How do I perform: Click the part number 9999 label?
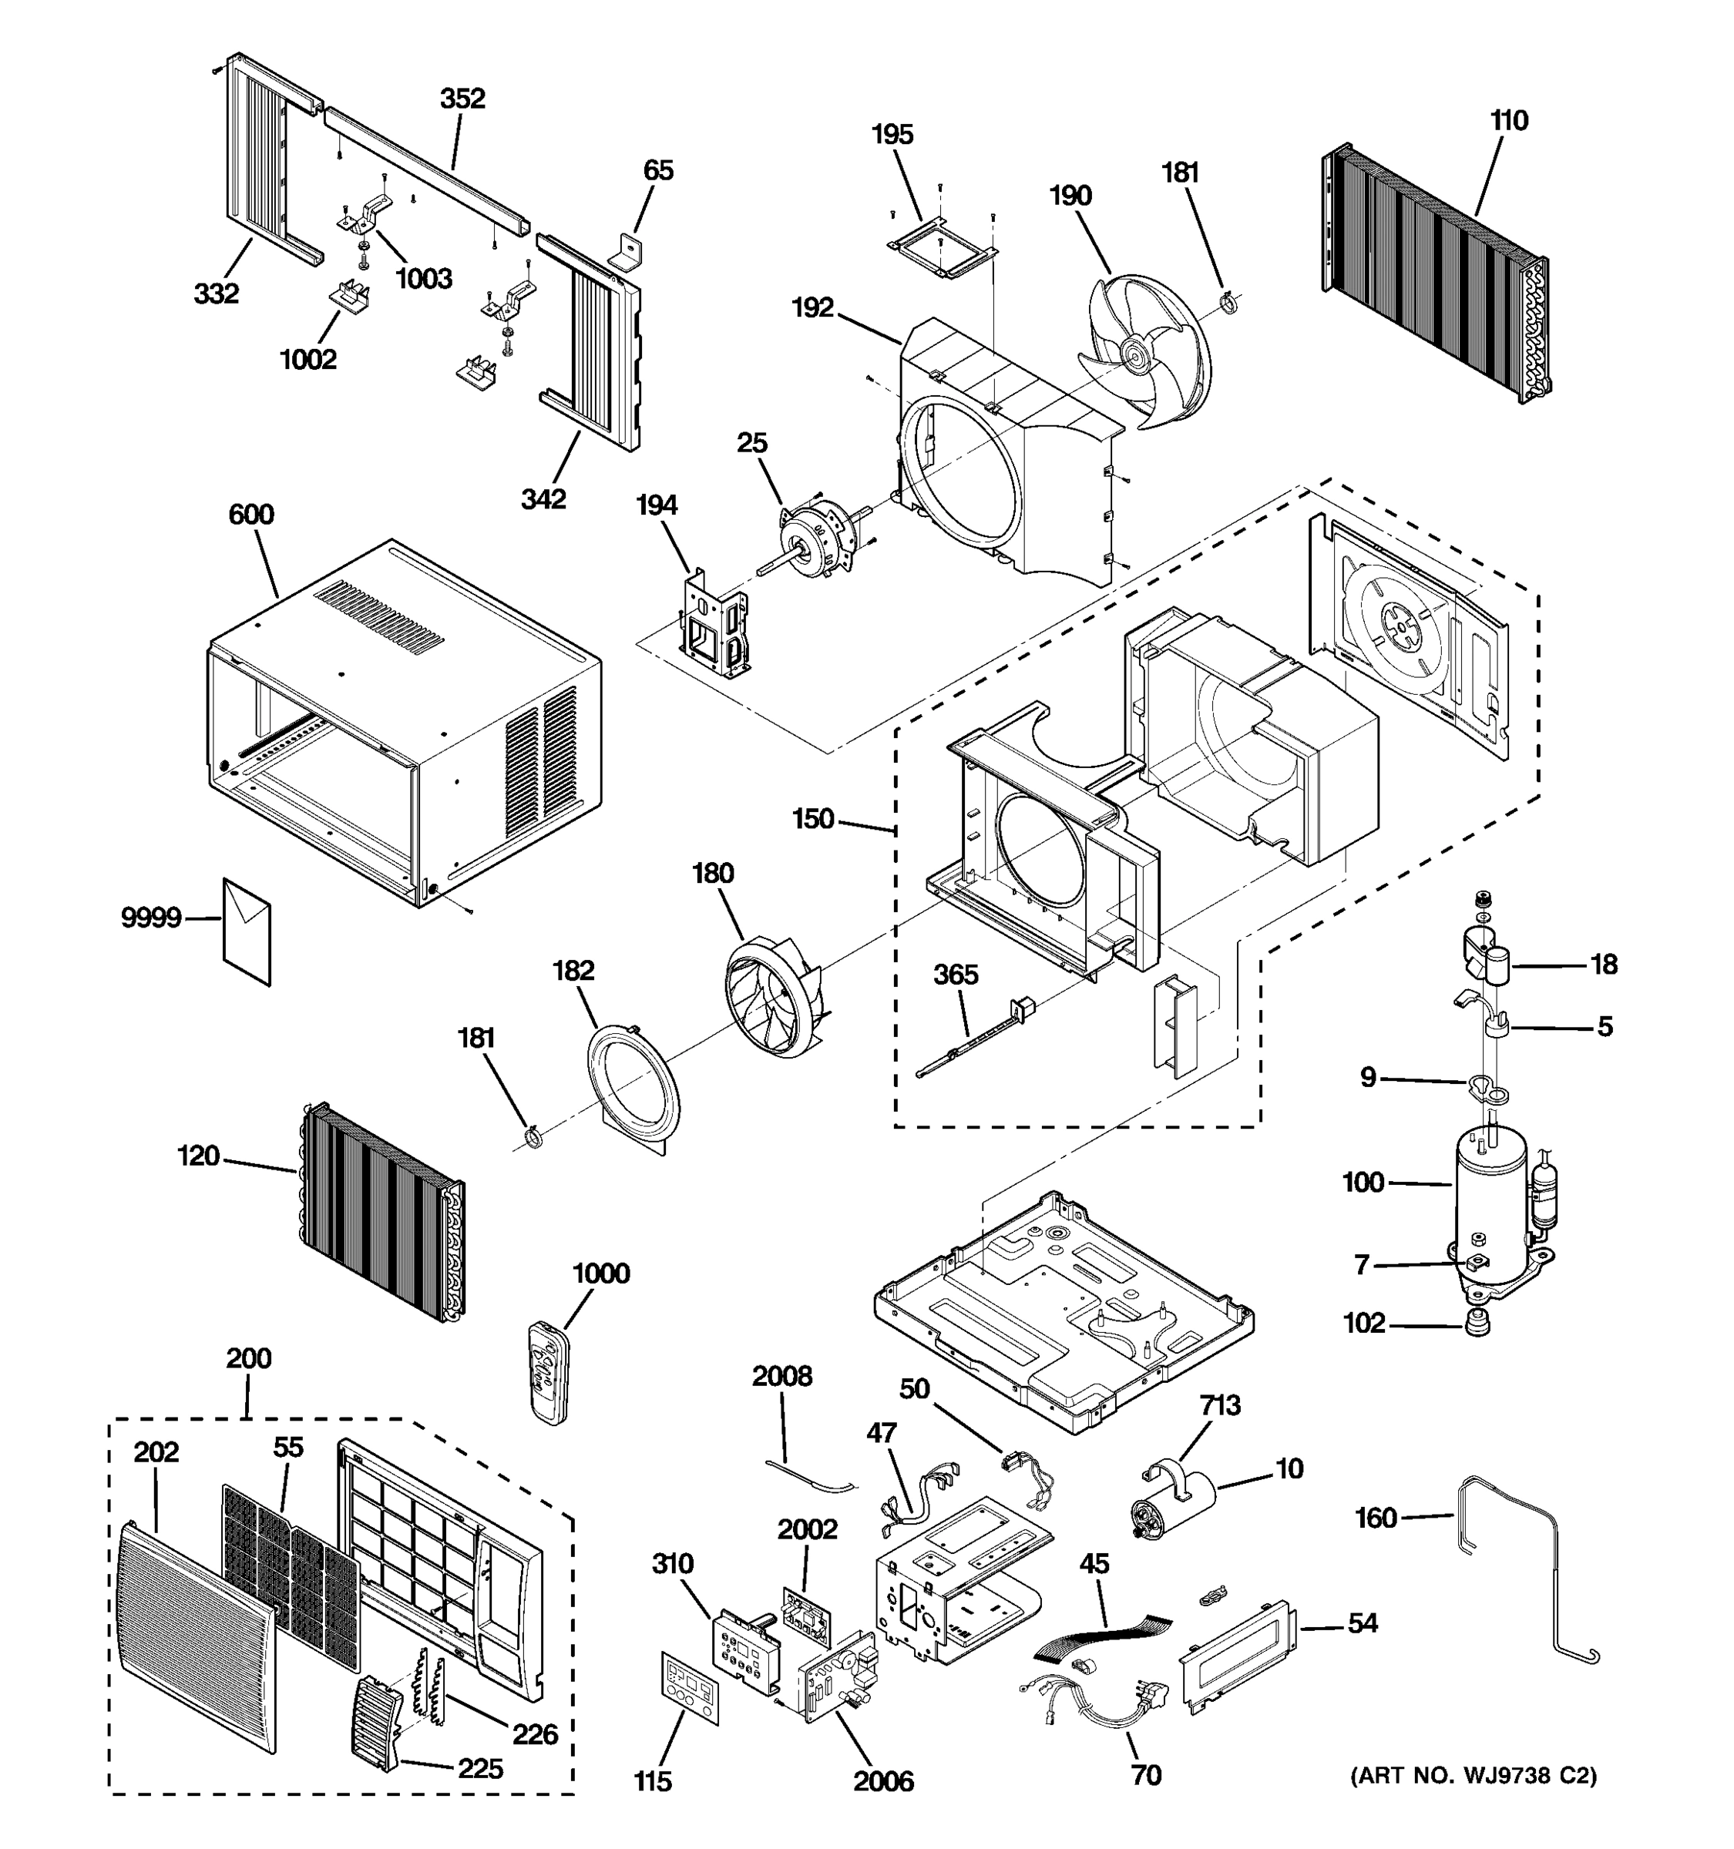tap(151, 918)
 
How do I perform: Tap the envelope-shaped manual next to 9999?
tap(247, 931)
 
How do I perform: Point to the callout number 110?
tap(1508, 121)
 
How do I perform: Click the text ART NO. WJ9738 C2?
tap(1473, 1777)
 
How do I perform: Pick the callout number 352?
tap(462, 99)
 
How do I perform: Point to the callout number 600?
tap(251, 515)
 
